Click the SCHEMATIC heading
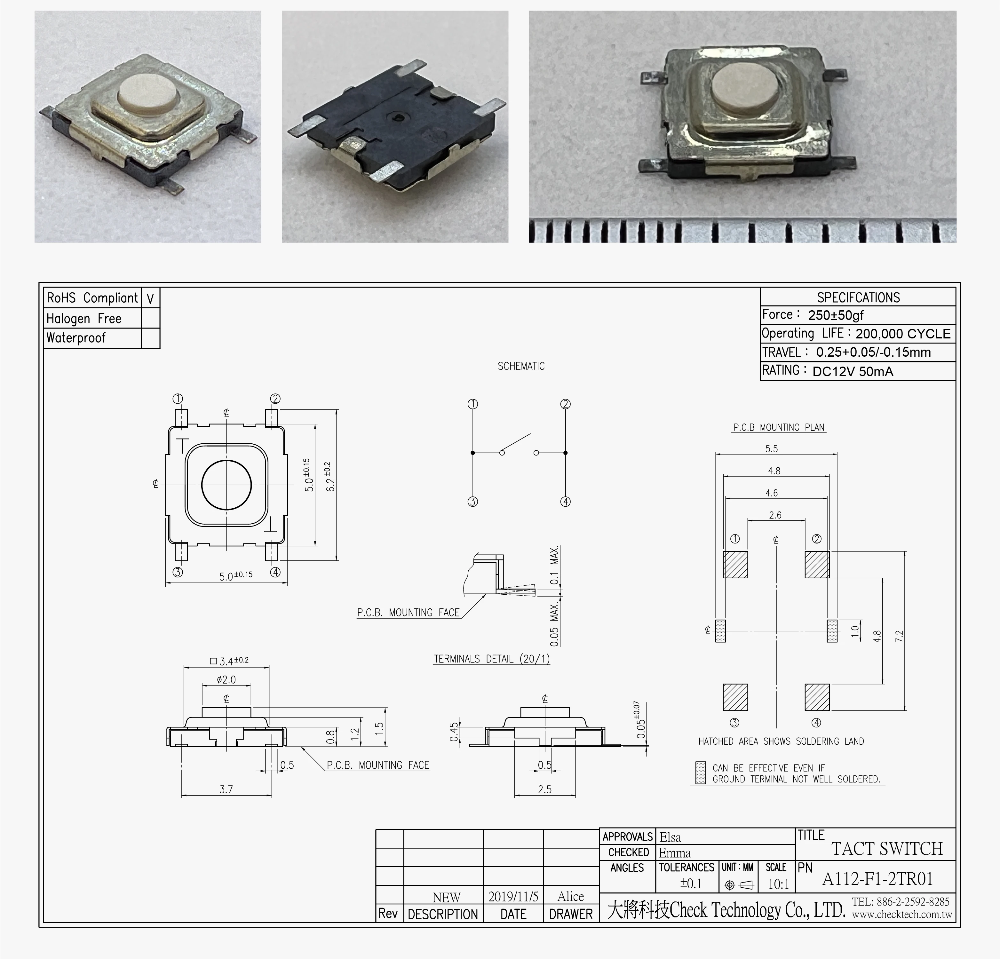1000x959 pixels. point(521,366)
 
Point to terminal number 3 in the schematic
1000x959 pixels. point(472,502)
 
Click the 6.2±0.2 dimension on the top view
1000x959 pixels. point(330,477)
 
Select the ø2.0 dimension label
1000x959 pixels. point(226,679)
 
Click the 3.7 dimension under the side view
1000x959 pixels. point(226,789)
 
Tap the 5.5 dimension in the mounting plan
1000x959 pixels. point(771,449)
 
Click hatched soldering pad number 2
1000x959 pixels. point(817,565)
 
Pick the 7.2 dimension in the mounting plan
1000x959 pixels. point(899,636)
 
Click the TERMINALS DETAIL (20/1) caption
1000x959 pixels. point(492,659)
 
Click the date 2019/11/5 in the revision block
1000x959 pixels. point(513,897)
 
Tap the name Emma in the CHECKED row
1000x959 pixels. point(674,853)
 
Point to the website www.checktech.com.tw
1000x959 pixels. point(901,915)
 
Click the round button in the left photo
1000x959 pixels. point(146,93)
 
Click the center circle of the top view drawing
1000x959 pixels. point(226,485)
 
